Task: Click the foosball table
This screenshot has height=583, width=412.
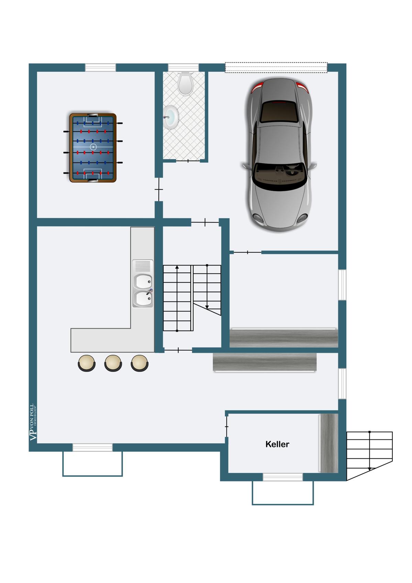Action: [93, 148]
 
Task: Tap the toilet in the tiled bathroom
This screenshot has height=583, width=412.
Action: [185, 83]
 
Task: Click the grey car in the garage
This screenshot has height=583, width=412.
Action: [279, 155]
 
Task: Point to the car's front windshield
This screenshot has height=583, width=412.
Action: [279, 176]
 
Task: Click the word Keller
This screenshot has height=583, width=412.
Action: [277, 444]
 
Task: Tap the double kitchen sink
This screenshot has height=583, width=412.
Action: [143, 284]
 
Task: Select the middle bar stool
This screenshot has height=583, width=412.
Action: [113, 363]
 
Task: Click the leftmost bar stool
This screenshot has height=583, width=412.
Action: [87, 363]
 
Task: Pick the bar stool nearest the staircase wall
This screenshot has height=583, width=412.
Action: [140, 363]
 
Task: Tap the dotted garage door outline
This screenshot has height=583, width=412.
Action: [276, 67]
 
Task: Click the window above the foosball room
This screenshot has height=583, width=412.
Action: [100, 67]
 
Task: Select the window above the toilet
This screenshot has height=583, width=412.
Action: [183, 67]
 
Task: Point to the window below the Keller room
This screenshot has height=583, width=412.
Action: [283, 477]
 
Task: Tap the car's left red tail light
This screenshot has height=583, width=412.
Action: [257, 88]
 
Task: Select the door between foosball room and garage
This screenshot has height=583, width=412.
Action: [159, 189]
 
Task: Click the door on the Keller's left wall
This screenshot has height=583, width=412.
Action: [226, 427]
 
